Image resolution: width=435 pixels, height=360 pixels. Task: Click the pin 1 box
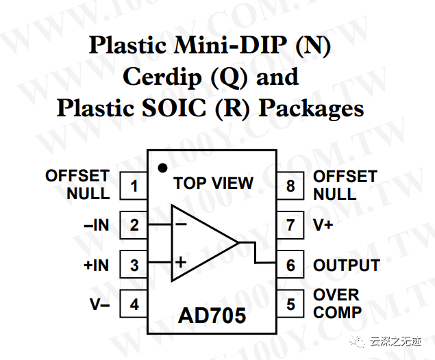pyautogui.click(x=134, y=185)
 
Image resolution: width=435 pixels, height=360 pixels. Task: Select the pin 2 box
pyautogui.click(x=134, y=225)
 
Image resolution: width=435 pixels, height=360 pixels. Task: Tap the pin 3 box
pyautogui.click(x=134, y=265)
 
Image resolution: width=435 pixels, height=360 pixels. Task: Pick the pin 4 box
pyautogui.click(x=134, y=304)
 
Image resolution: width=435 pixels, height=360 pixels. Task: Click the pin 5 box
pyautogui.click(x=290, y=304)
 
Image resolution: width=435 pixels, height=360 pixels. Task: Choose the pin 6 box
pyautogui.click(x=290, y=265)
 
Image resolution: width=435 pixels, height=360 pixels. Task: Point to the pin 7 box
pyautogui.click(x=290, y=225)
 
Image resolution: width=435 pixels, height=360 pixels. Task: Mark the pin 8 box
pyautogui.click(x=290, y=185)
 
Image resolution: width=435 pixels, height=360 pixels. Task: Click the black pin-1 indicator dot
pyautogui.click(x=162, y=168)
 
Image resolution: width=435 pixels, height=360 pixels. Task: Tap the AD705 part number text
pyautogui.click(x=212, y=316)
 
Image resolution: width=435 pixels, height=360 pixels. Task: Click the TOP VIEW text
pyautogui.click(x=213, y=183)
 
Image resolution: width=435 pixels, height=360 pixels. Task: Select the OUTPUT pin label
pyautogui.click(x=346, y=266)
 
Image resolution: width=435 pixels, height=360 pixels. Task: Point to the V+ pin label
pyautogui.click(x=323, y=225)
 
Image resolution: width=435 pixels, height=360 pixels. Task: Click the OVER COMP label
pyautogui.click(x=337, y=304)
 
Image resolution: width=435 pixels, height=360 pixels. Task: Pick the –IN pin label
pyautogui.click(x=95, y=225)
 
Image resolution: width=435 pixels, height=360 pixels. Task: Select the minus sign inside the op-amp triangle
pyautogui.click(x=181, y=223)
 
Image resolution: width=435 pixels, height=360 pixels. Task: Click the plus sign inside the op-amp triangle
pyautogui.click(x=181, y=261)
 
